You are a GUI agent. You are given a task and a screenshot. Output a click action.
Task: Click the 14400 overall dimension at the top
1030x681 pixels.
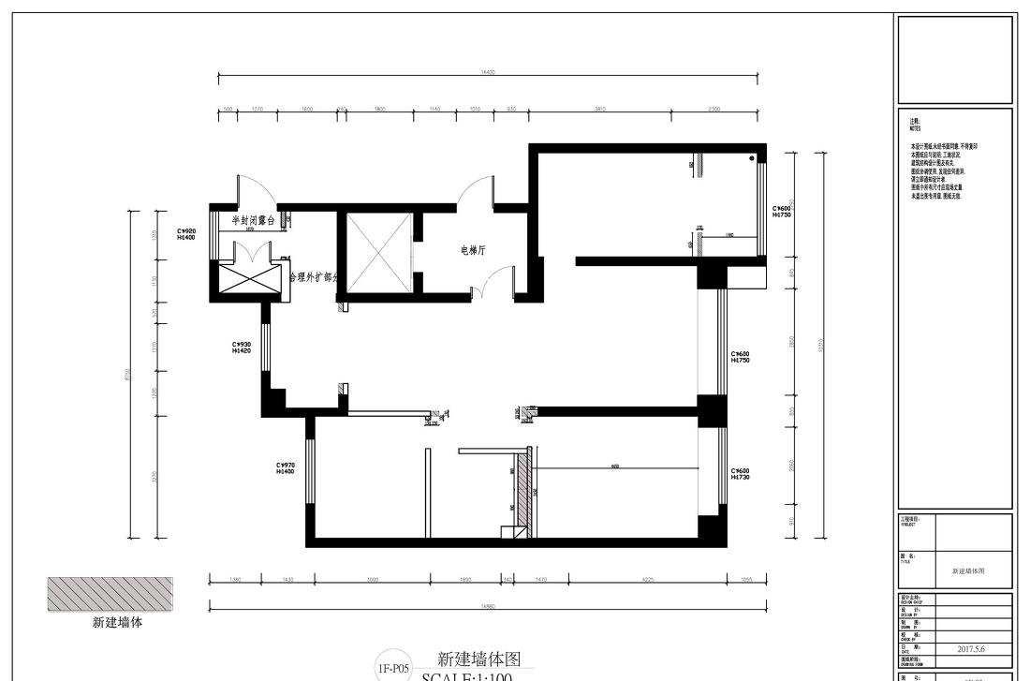coord(487,72)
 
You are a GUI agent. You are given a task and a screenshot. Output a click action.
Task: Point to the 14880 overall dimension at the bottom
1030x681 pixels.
coord(487,607)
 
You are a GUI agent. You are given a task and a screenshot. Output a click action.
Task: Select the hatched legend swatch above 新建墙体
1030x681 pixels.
coord(110,595)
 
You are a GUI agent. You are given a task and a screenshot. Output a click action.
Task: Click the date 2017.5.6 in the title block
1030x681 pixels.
coord(971,647)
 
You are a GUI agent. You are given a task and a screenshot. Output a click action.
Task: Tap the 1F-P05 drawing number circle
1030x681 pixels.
coord(393,668)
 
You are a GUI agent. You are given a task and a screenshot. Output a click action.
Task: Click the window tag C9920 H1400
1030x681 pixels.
coord(186,234)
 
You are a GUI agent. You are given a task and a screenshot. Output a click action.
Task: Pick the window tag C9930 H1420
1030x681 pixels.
coord(242,347)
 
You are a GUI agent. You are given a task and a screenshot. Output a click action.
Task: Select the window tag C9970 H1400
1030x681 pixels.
coord(285,468)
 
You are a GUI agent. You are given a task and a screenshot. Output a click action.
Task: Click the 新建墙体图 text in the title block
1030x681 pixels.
coord(968,570)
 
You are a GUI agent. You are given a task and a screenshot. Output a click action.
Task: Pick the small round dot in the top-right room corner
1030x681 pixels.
coord(752,159)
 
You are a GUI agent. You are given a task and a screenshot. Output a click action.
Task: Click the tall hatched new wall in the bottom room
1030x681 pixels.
coord(524,492)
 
